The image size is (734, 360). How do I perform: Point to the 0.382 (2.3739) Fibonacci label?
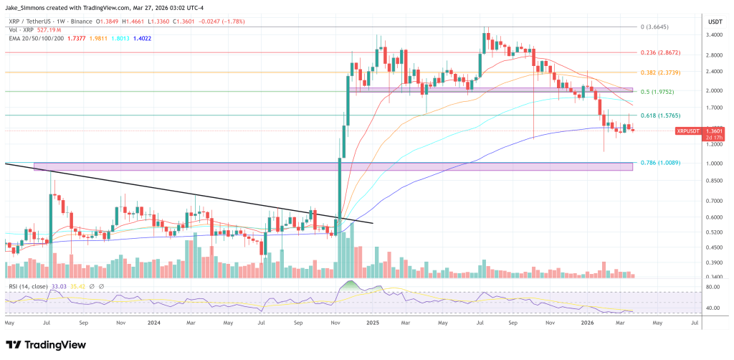(660, 72)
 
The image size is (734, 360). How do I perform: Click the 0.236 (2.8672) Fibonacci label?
(660, 52)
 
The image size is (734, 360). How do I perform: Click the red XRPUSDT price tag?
(690, 131)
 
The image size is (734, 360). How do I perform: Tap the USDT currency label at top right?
(715, 13)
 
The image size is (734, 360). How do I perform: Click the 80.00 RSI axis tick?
(712, 288)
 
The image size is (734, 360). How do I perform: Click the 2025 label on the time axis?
(373, 323)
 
